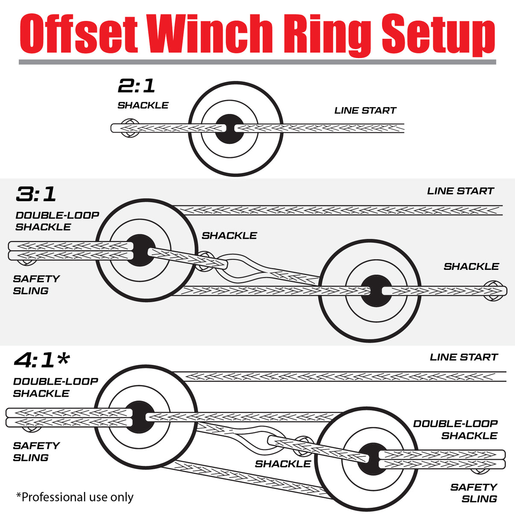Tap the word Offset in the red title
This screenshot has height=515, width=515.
pos(79,34)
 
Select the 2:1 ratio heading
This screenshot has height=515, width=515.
pos(136,86)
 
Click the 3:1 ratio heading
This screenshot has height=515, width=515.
pos(36,194)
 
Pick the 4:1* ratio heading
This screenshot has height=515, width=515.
pos(41,360)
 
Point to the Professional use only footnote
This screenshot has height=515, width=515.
pos(75,497)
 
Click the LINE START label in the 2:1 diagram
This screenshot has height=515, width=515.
pos(365,111)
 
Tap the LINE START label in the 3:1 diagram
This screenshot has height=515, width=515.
pos(460,191)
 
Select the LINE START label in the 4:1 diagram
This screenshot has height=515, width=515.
pos(464,357)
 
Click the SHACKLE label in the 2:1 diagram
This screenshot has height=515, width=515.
pos(143,105)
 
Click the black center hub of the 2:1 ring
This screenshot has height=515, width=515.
pos(229,129)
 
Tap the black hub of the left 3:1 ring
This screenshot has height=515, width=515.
pos(140,250)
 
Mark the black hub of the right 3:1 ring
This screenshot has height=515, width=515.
pos(376,291)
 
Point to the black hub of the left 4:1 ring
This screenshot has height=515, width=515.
pos(139,417)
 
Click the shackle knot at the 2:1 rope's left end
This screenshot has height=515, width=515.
pos(129,128)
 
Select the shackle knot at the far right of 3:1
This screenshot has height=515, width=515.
pos(494,291)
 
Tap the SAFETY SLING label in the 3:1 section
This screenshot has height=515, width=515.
pos(36,285)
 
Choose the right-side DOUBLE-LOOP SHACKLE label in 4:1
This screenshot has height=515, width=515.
pos(455,430)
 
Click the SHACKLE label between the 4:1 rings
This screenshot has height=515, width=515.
pos(283,464)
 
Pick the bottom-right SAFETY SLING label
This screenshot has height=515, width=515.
pos(474,493)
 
